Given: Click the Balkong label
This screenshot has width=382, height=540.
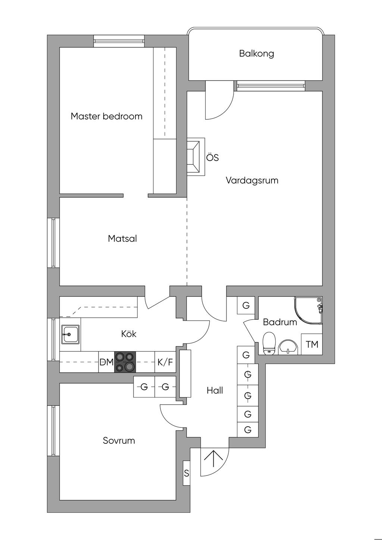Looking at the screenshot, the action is click(256, 53).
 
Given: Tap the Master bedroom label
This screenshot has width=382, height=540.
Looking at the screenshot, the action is click(106, 116).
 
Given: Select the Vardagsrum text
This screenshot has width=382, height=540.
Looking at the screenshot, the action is click(252, 180).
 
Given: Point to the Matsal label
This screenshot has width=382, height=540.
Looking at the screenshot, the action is click(122, 238).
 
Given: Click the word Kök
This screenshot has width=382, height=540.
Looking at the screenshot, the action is click(129, 334).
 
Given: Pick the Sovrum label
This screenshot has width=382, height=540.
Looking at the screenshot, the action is click(119, 440).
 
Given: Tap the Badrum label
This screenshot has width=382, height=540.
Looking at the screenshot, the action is click(280, 322).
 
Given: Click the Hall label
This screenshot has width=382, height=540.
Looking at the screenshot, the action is click(215, 390).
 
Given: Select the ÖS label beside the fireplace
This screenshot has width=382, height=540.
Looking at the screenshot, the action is click(213, 158).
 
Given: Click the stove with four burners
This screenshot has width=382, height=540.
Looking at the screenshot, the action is click(125, 362).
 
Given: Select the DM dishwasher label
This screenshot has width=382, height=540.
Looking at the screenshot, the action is click(107, 362).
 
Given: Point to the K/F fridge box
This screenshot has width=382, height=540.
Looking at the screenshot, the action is click(165, 362).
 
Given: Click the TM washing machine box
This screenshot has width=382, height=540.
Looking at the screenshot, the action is click(312, 344).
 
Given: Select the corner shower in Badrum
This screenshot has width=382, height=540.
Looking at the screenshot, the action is click(308, 311).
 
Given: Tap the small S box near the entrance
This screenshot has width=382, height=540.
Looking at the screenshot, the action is click(187, 473).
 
